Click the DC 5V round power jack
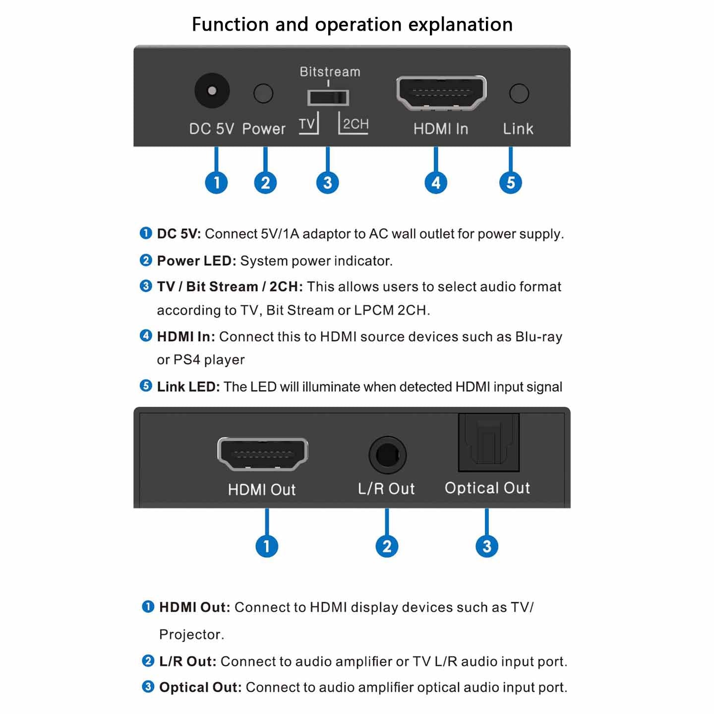tap(212, 91)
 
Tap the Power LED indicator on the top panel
tap(263, 93)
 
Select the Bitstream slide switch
tap(328, 98)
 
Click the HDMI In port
tap(441, 93)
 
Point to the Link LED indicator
tap(519, 93)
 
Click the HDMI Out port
tap(262, 454)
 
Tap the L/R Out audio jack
tap(387, 455)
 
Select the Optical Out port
tap(488, 442)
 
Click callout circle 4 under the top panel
tap(436, 182)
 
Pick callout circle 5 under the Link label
tap(511, 182)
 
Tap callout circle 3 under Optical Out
tap(487, 546)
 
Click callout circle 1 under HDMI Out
tap(267, 546)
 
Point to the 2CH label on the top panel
tap(356, 124)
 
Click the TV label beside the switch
tap(307, 124)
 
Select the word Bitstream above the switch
tap(330, 72)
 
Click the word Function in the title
tap(230, 24)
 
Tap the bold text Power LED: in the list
tap(196, 261)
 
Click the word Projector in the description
tap(191, 634)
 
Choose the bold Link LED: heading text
tap(188, 387)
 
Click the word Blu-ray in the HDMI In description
tap(538, 337)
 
